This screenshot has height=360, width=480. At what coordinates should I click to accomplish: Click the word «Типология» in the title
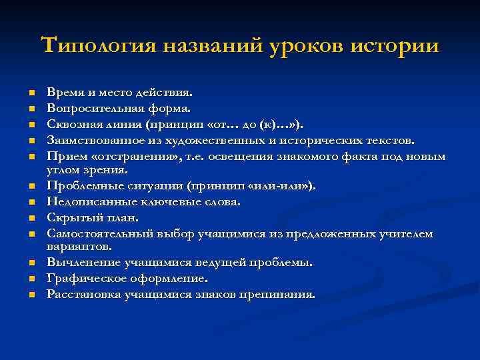pyautogui.click(x=97, y=47)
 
